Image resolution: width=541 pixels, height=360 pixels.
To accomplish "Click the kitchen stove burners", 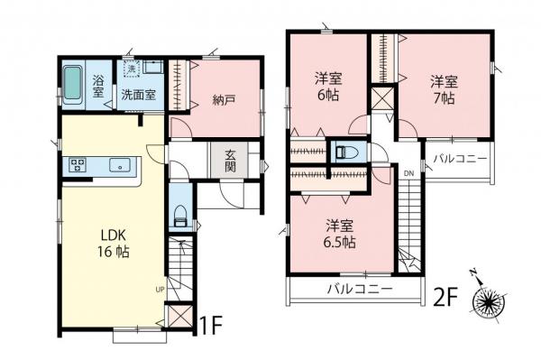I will (x=76, y=166).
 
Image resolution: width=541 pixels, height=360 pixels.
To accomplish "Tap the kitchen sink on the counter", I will (x=118, y=166).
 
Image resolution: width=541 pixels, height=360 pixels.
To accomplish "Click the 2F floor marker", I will (x=449, y=294).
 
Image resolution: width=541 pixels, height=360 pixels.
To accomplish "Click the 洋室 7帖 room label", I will (x=442, y=88).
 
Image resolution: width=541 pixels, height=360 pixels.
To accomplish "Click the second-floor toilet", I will (x=344, y=152).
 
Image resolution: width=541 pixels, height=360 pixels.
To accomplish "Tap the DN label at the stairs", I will (x=408, y=173).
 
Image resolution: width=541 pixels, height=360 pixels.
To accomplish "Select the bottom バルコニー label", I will (x=359, y=290).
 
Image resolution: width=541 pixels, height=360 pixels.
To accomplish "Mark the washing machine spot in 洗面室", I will (x=131, y=69).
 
